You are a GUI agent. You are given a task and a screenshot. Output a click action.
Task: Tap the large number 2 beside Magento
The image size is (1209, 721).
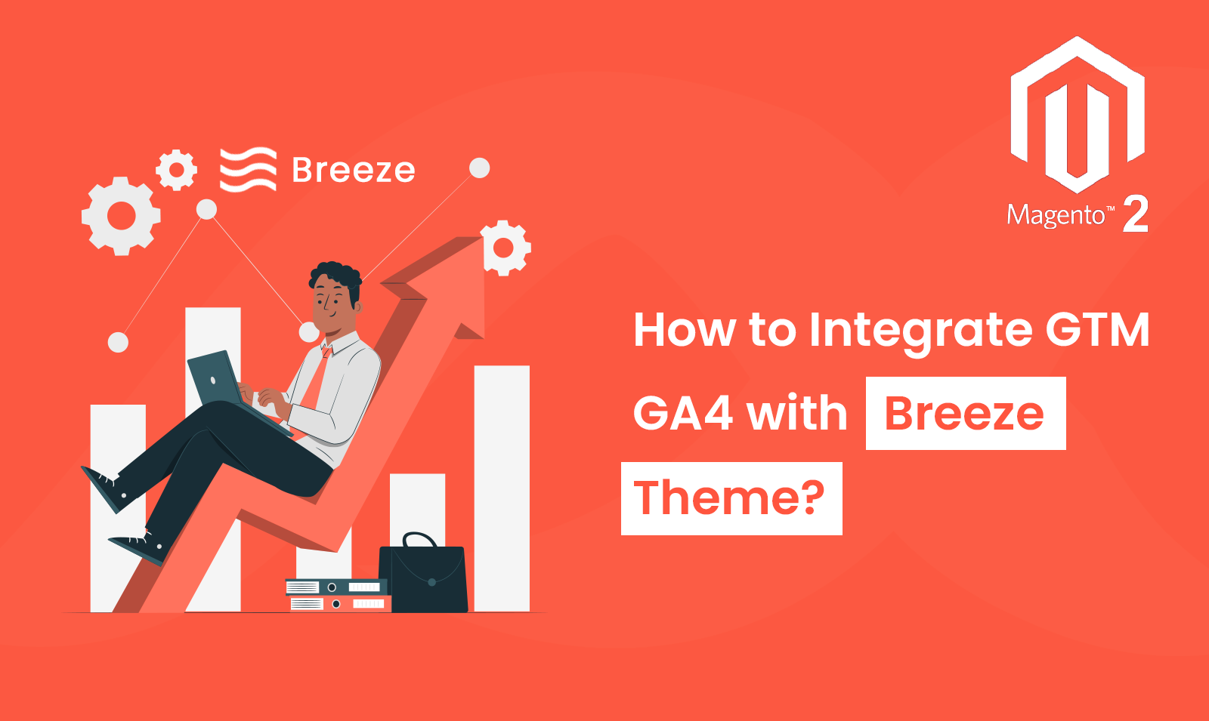pos(1135,214)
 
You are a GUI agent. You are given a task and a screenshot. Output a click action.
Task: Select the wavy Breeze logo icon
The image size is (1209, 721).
pos(249,169)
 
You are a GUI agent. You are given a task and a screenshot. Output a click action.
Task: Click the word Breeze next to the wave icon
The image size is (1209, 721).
pos(354,171)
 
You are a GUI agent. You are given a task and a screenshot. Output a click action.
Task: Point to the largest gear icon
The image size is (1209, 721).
pos(121,216)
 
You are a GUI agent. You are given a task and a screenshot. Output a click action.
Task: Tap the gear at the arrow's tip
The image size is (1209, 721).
pos(506,248)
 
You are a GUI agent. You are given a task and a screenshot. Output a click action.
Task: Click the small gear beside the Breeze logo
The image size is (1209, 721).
pos(177,170)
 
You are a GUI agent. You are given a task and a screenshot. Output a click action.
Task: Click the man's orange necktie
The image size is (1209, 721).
pos(317,377)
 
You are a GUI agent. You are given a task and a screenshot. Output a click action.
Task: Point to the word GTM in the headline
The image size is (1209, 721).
pos(1096,329)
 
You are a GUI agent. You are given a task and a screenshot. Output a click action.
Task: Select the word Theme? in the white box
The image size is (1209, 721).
pos(729,498)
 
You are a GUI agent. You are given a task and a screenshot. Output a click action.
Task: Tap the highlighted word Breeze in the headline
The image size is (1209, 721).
pos(964,414)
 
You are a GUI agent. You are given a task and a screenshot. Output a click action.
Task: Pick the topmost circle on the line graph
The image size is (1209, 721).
pos(479,168)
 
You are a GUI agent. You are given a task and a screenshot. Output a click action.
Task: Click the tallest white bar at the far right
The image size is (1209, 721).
pos(502,488)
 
